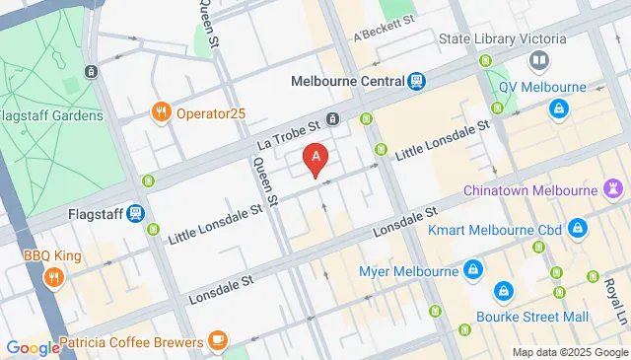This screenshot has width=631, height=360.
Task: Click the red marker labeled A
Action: pos(315,157)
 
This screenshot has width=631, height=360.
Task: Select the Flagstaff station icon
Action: pos(135,213)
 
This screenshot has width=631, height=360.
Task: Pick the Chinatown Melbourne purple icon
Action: pos(614,187)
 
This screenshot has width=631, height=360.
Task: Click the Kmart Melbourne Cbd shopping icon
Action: pos(578,230)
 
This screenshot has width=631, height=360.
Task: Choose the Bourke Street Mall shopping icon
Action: pos(503,292)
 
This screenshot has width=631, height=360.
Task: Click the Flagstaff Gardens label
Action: pos(51,115)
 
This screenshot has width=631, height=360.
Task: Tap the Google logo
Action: pos(33,347)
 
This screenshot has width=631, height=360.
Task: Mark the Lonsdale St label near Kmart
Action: pos(404,224)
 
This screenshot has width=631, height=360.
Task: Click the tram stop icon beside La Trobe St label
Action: pos(334,120)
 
